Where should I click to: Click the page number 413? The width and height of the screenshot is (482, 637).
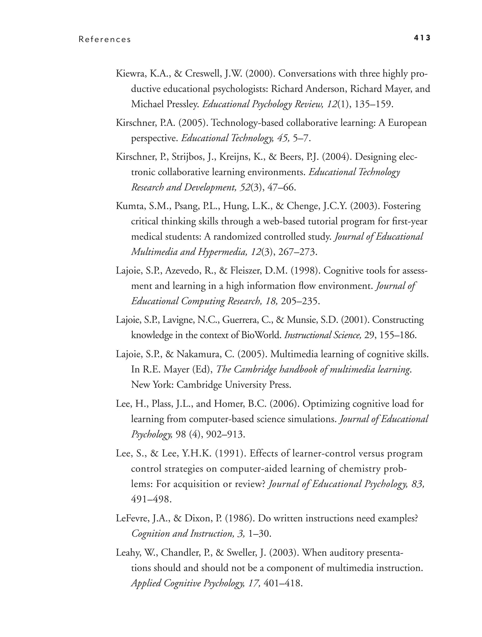click(x=422, y=38)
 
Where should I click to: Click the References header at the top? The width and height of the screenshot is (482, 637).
click(x=105, y=40)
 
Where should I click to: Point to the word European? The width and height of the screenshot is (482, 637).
click(x=407, y=123)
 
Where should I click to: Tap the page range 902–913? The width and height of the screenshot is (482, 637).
click(x=225, y=434)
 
